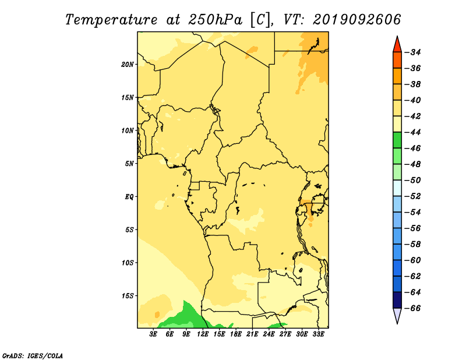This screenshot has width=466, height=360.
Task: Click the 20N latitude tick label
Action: (x=128, y=65)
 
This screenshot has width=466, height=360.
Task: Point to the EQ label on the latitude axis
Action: (x=129, y=197)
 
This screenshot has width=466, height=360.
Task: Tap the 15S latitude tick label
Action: (x=128, y=296)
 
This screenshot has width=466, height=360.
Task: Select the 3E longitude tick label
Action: (x=153, y=334)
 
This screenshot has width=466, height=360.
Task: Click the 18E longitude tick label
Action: (x=236, y=334)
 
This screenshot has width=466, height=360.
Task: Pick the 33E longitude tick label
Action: (x=318, y=334)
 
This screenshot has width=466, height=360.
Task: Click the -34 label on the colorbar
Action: (x=414, y=52)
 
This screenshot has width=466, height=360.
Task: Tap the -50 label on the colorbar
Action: (x=414, y=180)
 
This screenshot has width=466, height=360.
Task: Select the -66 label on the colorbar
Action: (x=414, y=308)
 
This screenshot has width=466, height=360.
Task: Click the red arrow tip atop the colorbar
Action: (x=397, y=37)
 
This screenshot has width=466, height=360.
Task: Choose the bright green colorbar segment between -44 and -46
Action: (x=397, y=140)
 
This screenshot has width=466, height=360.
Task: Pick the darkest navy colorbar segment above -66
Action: (x=397, y=300)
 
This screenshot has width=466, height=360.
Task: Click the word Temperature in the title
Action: (x=111, y=20)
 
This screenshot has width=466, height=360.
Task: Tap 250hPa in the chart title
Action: (x=216, y=20)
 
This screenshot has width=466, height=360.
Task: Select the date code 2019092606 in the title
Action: (x=356, y=20)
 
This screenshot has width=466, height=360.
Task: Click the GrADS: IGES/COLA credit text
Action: (x=33, y=356)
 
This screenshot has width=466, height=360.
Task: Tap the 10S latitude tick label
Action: (x=128, y=263)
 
